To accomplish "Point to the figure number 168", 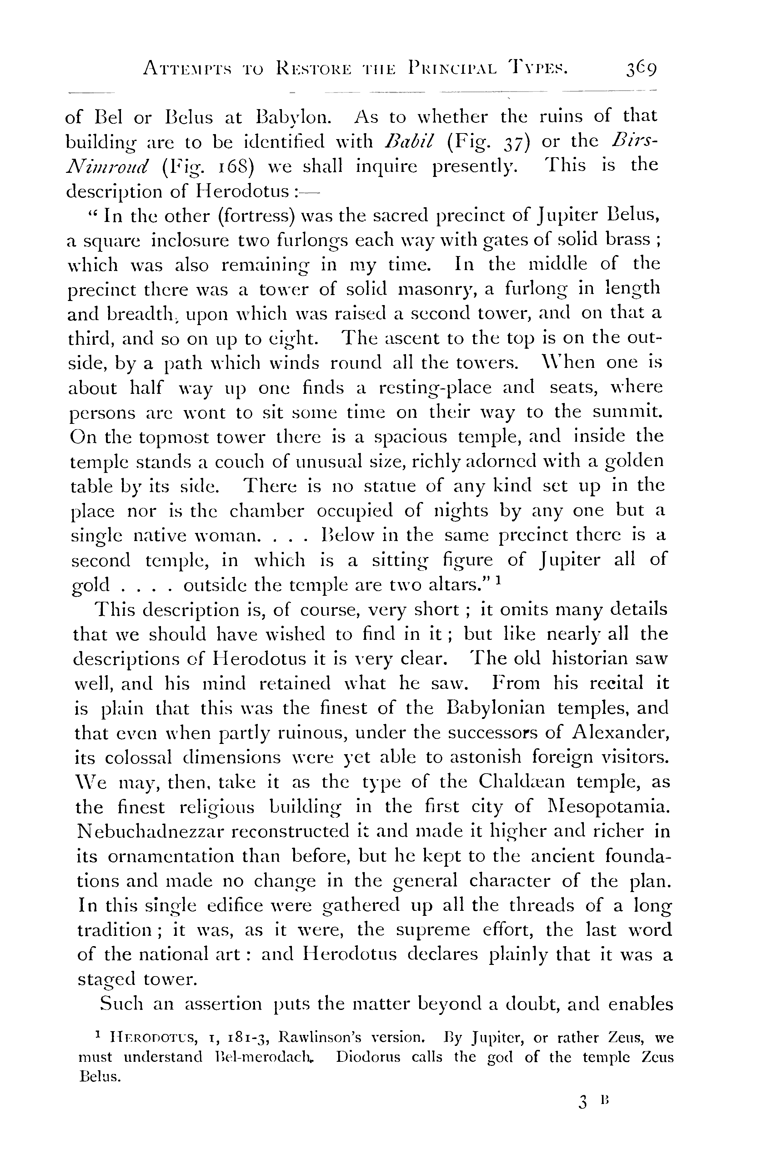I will pyautogui.click(x=233, y=166).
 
